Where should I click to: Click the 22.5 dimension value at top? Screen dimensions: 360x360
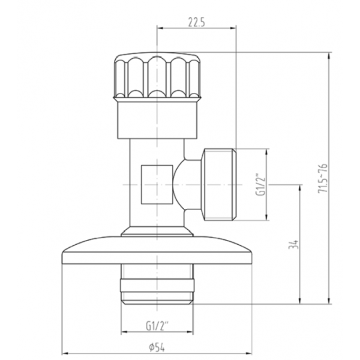(x=196, y=22)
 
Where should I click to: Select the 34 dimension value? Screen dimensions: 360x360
(x=293, y=245)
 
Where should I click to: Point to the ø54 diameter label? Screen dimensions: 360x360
(x=157, y=348)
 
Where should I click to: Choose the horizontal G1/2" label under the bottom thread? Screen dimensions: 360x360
(x=157, y=326)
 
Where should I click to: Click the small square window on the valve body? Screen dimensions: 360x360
(x=157, y=185)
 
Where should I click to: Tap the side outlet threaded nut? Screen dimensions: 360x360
(x=218, y=185)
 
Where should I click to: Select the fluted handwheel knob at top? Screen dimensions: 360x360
(x=157, y=76)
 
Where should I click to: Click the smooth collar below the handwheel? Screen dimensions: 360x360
(x=157, y=120)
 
